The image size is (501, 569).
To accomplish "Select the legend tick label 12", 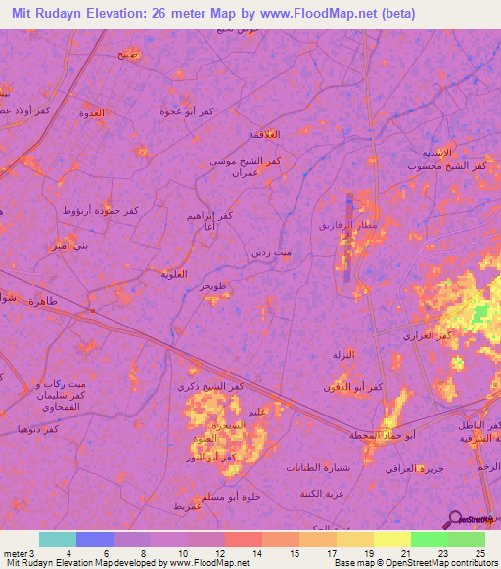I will click(x=225, y=554).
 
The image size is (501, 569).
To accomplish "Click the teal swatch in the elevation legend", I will click(x=58, y=539).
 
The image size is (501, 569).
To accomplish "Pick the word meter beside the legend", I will click(x=15, y=554).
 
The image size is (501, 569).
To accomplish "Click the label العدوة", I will click(x=91, y=114).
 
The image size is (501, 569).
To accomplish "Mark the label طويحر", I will click(x=214, y=286).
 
